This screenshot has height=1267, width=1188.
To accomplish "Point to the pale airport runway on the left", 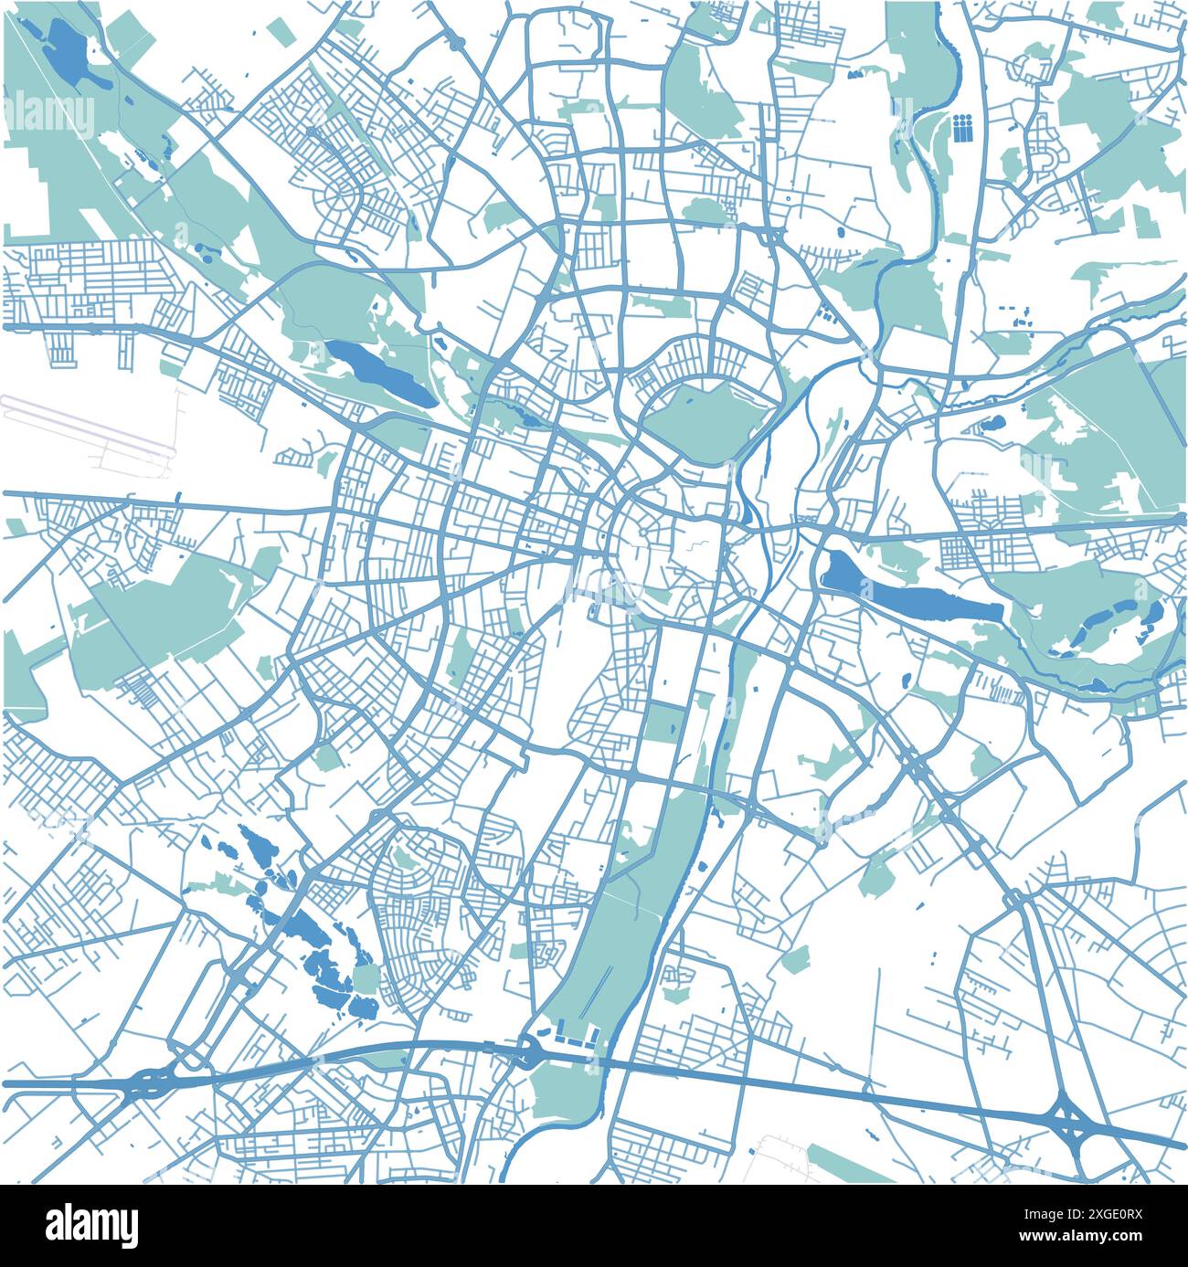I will point(87,425).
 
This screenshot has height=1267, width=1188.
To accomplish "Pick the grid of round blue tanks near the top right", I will point(962,128).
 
